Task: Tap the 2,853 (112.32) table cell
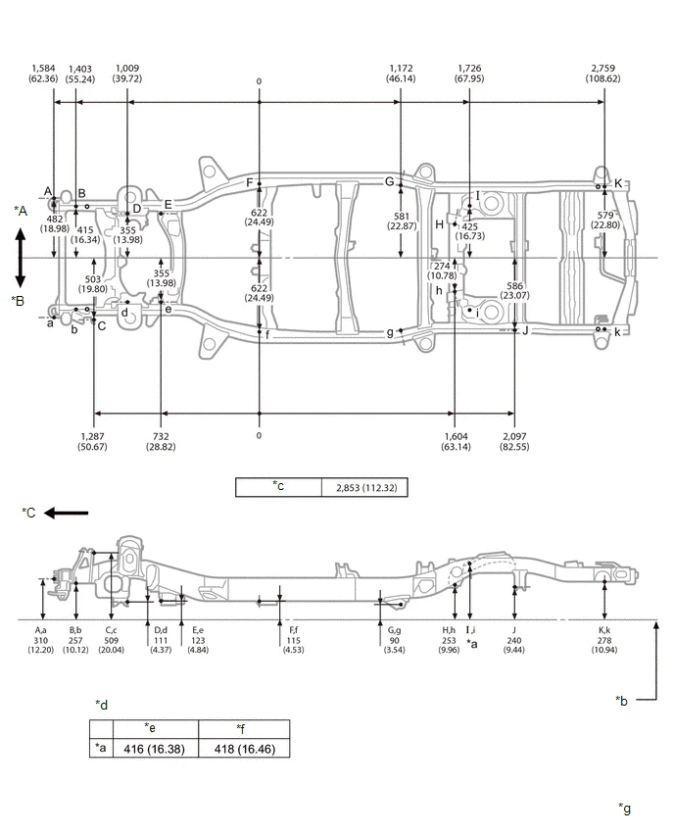[x=365, y=487]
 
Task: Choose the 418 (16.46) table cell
[x=244, y=748]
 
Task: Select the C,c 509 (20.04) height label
[x=112, y=643]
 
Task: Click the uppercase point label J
[x=526, y=330]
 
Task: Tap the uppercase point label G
[x=389, y=181]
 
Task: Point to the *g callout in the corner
[x=625, y=808]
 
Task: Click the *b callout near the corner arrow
[x=621, y=700]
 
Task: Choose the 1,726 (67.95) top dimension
[x=470, y=73]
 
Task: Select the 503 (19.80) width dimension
[x=94, y=284]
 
